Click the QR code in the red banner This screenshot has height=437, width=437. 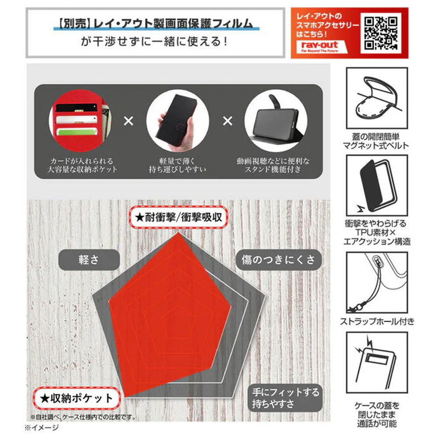point(381,33)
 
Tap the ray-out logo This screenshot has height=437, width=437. point(320,47)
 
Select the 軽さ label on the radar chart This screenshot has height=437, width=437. point(89,260)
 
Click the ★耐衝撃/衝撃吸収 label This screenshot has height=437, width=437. point(178,217)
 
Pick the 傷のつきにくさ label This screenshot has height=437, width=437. point(278,260)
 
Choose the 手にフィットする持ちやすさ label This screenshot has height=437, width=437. point(285,398)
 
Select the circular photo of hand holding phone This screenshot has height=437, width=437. point(177,121)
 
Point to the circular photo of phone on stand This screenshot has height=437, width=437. point(276,121)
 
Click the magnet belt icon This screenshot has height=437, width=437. point(377,98)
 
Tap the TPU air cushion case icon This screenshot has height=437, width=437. point(377,185)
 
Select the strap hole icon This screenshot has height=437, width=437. point(377,282)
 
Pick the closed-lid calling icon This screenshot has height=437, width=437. point(377,362)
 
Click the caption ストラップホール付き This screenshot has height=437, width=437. point(377,321)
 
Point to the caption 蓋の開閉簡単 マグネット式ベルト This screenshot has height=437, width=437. point(376,141)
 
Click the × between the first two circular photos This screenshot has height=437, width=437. point(128,121)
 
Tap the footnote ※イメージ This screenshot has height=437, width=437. point(42,427)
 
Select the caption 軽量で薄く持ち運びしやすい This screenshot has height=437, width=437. point(177,165)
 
